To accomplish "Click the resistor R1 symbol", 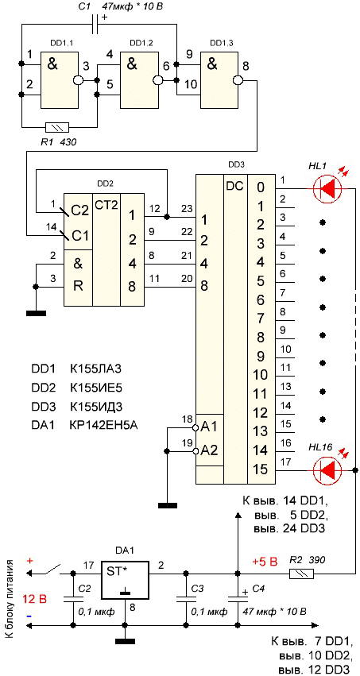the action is pos(57,127).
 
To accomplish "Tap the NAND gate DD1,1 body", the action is pos(60,80).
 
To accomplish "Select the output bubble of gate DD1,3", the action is pos(237,80).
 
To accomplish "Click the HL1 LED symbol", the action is pos(327,188).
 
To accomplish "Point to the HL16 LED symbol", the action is pos(327,470).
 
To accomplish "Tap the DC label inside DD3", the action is pos(234,186).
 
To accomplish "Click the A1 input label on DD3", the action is pos(210,427).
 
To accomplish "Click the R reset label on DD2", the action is pos(78,286).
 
